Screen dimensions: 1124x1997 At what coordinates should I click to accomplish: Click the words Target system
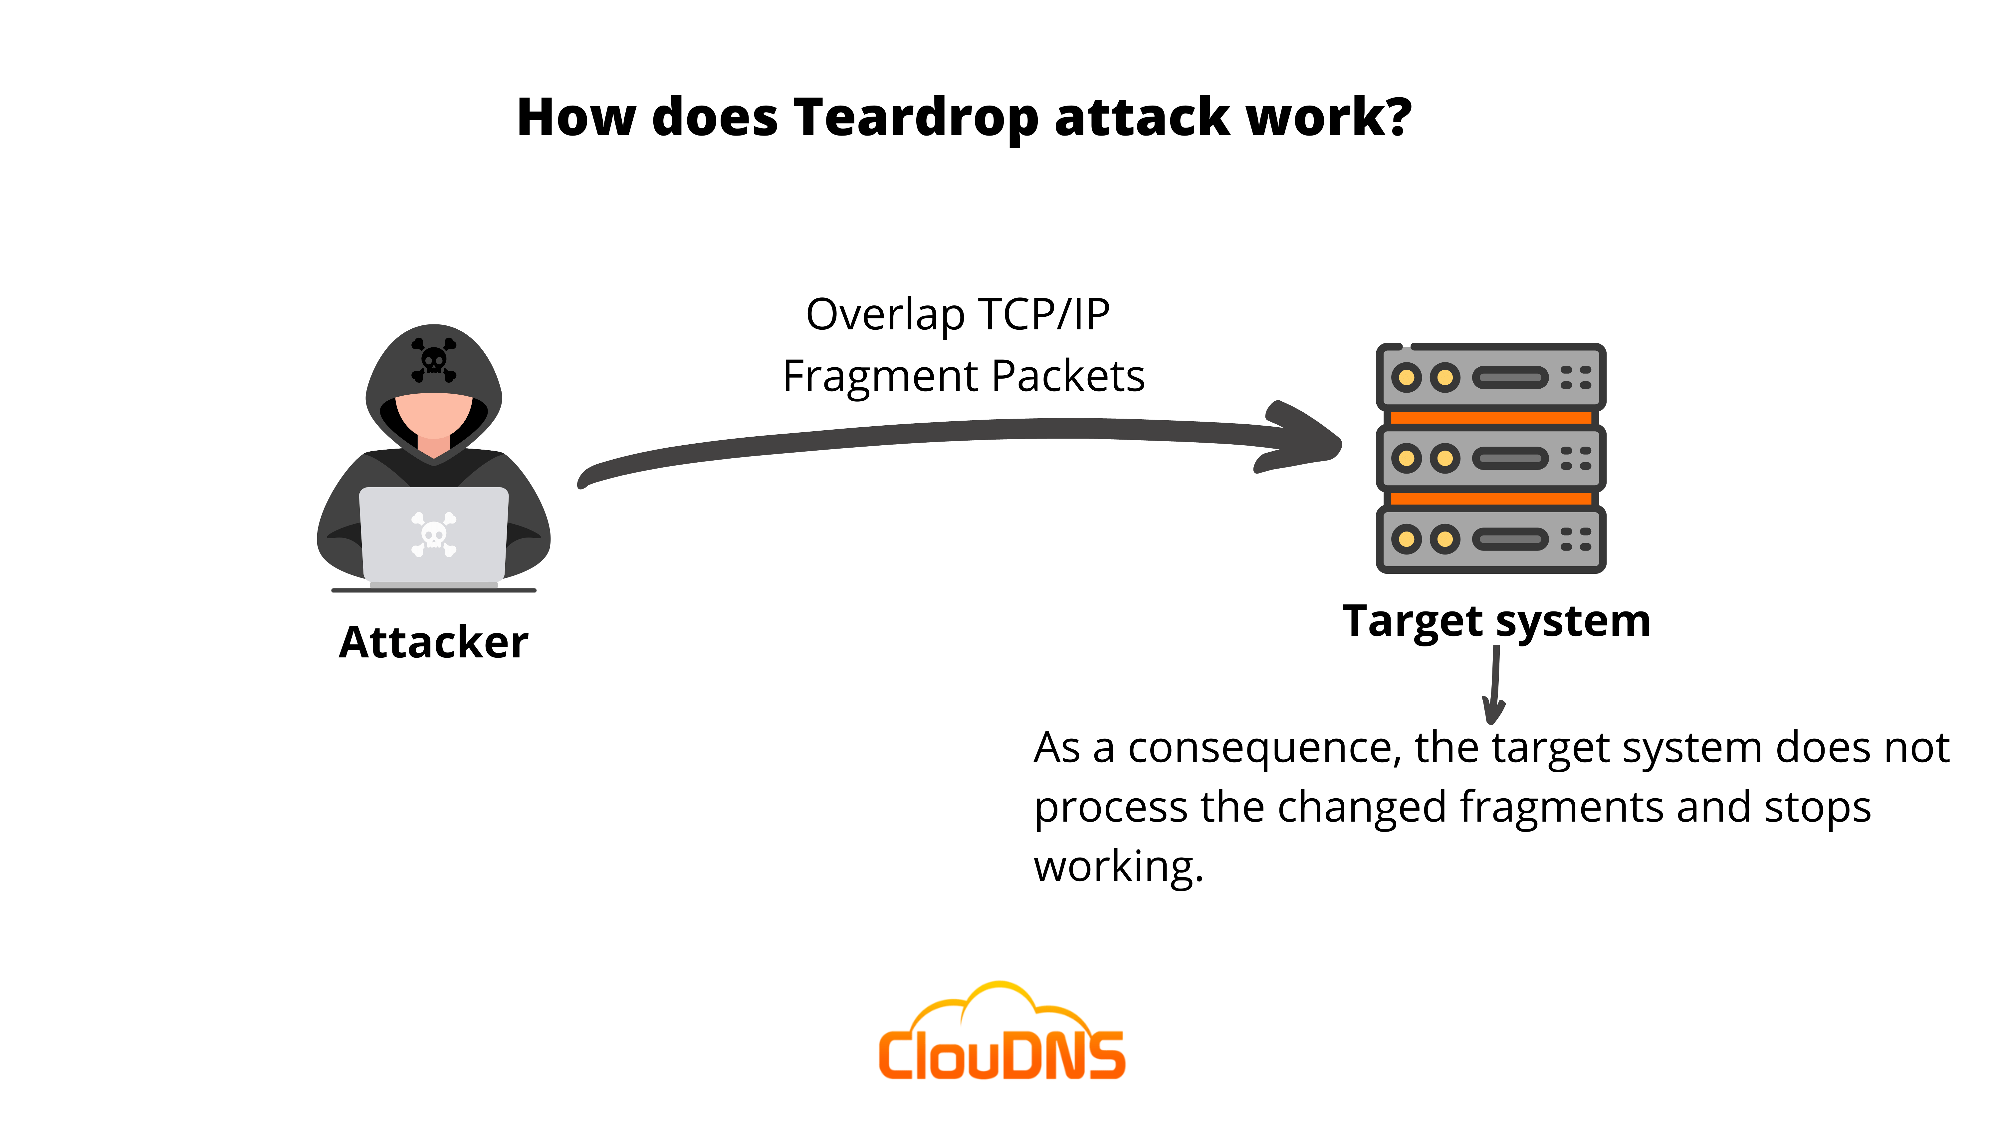click(1496, 620)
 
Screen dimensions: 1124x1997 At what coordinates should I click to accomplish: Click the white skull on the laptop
click(433, 534)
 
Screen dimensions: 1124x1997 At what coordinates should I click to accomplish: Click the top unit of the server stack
click(1490, 378)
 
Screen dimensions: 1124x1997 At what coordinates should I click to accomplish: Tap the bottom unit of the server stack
click(1490, 539)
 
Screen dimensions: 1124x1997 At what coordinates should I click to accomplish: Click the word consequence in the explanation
click(1264, 749)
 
